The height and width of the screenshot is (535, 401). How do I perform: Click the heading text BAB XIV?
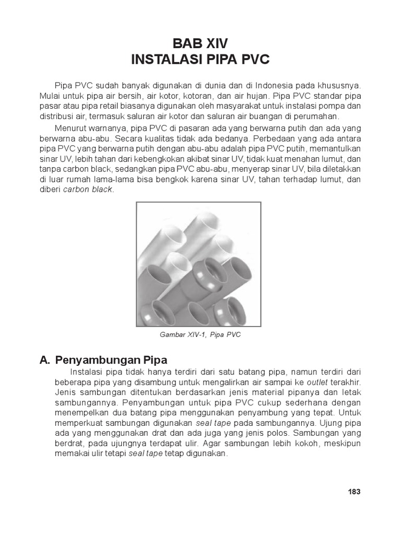point(200,42)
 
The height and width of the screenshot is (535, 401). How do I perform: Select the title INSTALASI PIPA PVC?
point(200,60)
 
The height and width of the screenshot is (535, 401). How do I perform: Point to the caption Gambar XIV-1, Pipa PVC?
point(200,335)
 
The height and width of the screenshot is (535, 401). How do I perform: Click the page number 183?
point(354,492)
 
